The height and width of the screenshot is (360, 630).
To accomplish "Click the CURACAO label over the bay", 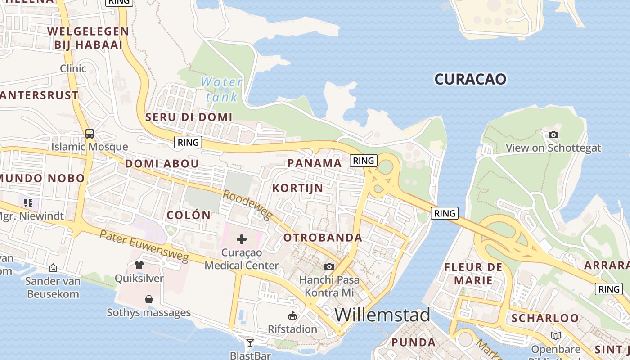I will click(470, 79).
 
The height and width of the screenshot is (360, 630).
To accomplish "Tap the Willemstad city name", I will click(382, 315).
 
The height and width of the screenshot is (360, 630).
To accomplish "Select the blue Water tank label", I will click(221, 89).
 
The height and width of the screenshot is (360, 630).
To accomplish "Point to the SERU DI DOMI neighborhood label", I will click(189, 117).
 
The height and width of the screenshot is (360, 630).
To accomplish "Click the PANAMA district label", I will click(315, 163).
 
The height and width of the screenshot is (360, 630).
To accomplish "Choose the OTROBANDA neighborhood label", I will click(323, 238).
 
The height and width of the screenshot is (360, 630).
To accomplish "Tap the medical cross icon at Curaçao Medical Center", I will click(242, 239).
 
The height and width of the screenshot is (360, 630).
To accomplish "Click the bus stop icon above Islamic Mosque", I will click(90, 133).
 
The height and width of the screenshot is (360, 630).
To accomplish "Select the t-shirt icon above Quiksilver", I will click(139, 265).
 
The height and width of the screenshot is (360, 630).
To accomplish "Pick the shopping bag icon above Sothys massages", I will click(148, 299).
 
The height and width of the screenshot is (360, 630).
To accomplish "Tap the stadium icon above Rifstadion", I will click(292, 316).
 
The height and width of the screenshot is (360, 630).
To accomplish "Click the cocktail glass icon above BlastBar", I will click(250, 343).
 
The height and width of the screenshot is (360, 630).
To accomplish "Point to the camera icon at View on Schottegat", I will click(553, 135).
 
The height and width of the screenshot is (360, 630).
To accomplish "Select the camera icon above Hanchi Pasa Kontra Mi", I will click(329, 266).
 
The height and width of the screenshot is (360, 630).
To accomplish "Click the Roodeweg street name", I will click(248, 205).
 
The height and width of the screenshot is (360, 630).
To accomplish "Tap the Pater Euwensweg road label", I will click(144, 246).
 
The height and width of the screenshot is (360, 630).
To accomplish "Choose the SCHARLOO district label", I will click(545, 318).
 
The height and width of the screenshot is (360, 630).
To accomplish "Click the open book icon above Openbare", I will click(556, 336).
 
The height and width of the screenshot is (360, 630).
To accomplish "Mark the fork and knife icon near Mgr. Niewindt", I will click(28, 203).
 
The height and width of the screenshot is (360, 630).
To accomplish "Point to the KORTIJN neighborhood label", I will click(298, 188).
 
